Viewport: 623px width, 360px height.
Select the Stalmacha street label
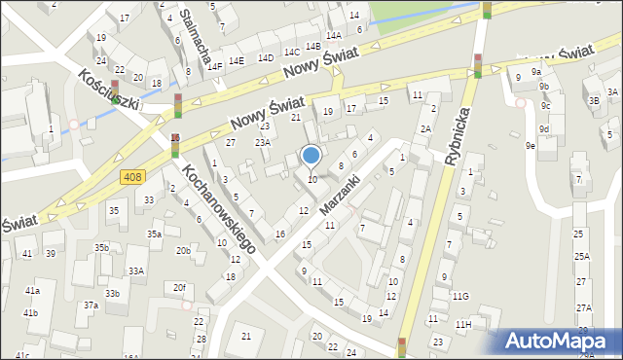(x=196, y=37)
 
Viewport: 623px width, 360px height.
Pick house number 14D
(x=265, y=57)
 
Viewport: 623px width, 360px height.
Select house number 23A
(x=263, y=142)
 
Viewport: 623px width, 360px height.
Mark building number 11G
(x=460, y=296)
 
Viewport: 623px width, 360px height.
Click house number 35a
(x=154, y=234)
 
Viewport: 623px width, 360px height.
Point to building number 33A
(x=136, y=271)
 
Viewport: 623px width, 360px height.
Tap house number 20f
(x=179, y=288)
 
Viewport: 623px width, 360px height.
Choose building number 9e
(x=531, y=146)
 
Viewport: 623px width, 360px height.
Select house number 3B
(x=593, y=99)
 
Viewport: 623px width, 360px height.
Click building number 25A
(x=582, y=256)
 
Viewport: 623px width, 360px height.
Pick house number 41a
(x=32, y=291)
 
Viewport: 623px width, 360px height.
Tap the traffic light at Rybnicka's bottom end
(x=402, y=346)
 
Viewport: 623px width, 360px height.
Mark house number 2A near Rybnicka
(x=425, y=128)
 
